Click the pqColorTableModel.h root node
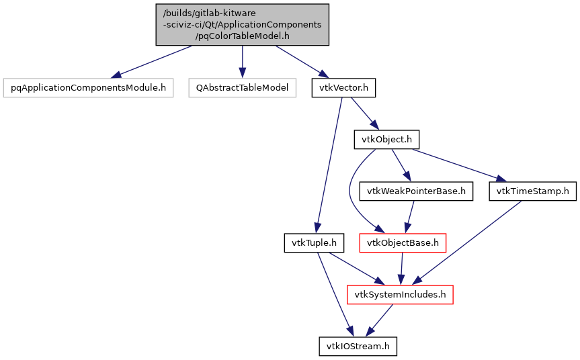pos(243,25)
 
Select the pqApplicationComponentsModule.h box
pos(88,88)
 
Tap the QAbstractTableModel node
pos(242,88)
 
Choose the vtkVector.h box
pos(343,88)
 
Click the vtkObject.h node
pos(386,140)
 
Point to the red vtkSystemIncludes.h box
pos(400,294)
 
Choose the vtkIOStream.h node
pos(358,346)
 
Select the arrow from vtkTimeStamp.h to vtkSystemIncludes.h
pos(470,242)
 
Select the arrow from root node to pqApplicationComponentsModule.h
pos(155,61)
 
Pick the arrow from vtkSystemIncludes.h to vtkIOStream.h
pos(378,320)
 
